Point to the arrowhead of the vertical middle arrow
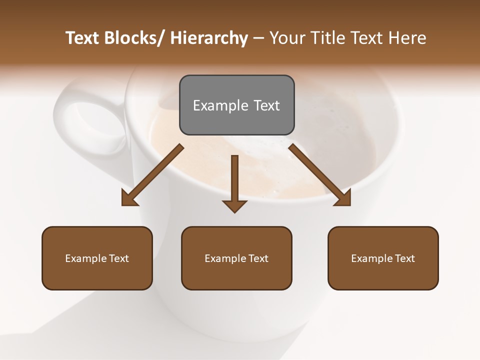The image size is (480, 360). click(x=234, y=206)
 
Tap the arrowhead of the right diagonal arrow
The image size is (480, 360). click(x=344, y=199)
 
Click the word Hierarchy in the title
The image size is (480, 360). click(x=209, y=38)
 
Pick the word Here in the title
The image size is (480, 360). click(x=407, y=38)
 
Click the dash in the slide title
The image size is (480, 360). click(x=258, y=38)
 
